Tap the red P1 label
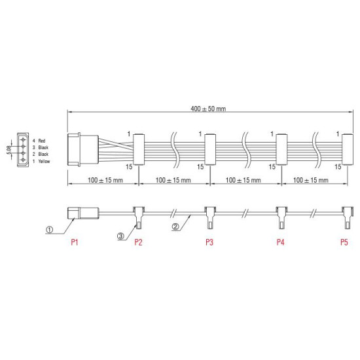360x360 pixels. pos(75,242)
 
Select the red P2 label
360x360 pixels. pos(138,242)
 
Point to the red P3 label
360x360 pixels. pos(209,242)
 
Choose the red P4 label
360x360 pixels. pos(280,242)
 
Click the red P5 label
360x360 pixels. pos(344,242)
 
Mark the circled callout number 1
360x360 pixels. pos(49,230)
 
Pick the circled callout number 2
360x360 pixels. pos(175,227)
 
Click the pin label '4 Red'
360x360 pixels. pos(37,141)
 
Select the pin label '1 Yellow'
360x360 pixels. pos(39,161)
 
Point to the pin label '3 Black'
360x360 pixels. pos(39,147)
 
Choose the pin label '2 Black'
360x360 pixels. pos(39,154)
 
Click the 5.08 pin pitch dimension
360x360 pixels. pos(9,151)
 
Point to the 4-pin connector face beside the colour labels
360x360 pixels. pos(24,151)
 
